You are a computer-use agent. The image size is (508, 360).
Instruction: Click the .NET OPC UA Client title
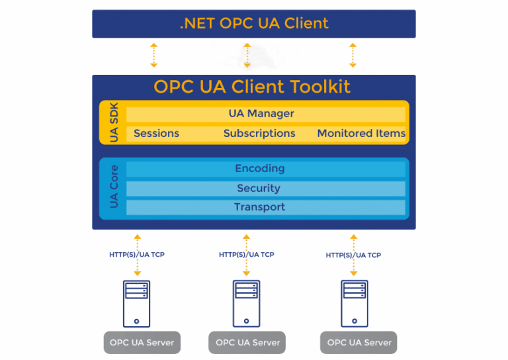(254, 24)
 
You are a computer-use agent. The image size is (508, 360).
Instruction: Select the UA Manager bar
(261, 114)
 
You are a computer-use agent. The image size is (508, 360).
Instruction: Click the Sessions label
(156, 133)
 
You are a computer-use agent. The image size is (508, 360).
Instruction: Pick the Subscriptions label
(259, 133)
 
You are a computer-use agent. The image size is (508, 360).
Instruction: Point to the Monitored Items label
(361, 133)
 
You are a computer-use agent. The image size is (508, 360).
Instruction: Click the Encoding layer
(260, 169)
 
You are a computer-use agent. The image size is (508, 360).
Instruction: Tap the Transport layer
(259, 207)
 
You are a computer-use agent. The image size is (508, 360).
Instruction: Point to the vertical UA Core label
(114, 188)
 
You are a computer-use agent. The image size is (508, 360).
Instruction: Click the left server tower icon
(136, 304)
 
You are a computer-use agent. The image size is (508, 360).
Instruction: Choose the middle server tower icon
(246, 304)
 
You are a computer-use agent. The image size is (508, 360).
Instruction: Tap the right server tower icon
(355, 304)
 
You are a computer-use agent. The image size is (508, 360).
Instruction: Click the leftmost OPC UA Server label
(142, 343)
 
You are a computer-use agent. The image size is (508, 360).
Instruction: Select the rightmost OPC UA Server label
(360, 343)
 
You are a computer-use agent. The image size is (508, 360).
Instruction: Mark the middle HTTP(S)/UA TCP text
(246, 255)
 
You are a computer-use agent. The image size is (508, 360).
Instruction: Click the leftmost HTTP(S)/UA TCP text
(137, 255)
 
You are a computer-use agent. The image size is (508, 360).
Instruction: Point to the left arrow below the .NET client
(153, 55)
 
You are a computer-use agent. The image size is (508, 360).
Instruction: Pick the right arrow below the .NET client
(353, 55)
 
